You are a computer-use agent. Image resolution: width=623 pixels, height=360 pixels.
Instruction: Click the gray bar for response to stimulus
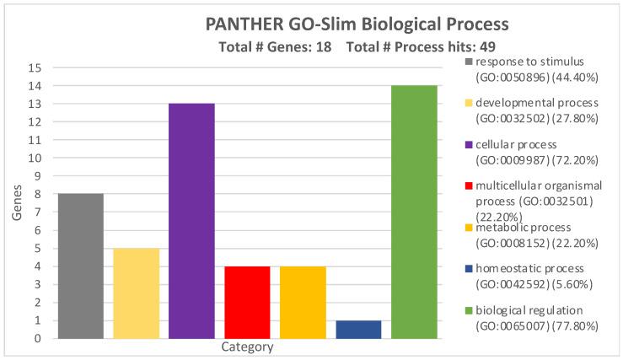[x=81, y=266]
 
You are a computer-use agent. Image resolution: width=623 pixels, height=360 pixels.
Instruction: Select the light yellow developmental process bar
[x=137, y=293]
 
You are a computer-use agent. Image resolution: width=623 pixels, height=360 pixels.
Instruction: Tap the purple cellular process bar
[x=192, y=221]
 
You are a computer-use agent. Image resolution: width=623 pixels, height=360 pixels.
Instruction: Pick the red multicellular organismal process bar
[x=247, y=303]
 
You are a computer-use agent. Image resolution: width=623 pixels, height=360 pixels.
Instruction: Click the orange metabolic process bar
[x=303, y=303]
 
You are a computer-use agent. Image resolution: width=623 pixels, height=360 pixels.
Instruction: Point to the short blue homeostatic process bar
[x=358, y=330]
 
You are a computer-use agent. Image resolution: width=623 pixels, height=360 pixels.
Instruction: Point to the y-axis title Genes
[x=17, y=203]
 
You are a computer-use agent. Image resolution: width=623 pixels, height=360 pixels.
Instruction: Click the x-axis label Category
[x=247, y=347]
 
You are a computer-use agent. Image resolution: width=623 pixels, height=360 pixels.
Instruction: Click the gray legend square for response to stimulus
[x=469, y=62]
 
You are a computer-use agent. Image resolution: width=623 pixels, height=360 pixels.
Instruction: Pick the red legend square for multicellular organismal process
[x=469, y=185]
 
